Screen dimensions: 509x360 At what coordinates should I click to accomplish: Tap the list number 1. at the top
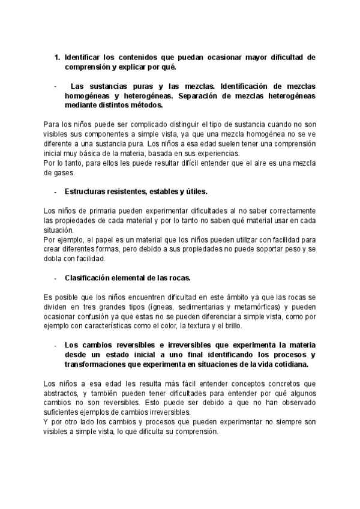[57, 58]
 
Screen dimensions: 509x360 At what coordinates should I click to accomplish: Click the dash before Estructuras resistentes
[55, 192]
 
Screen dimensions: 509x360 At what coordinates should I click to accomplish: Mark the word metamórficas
[247, 307]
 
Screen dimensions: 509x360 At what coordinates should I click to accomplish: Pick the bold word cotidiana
[289, 364]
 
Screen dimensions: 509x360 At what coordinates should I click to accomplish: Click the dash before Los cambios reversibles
[55, 346]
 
